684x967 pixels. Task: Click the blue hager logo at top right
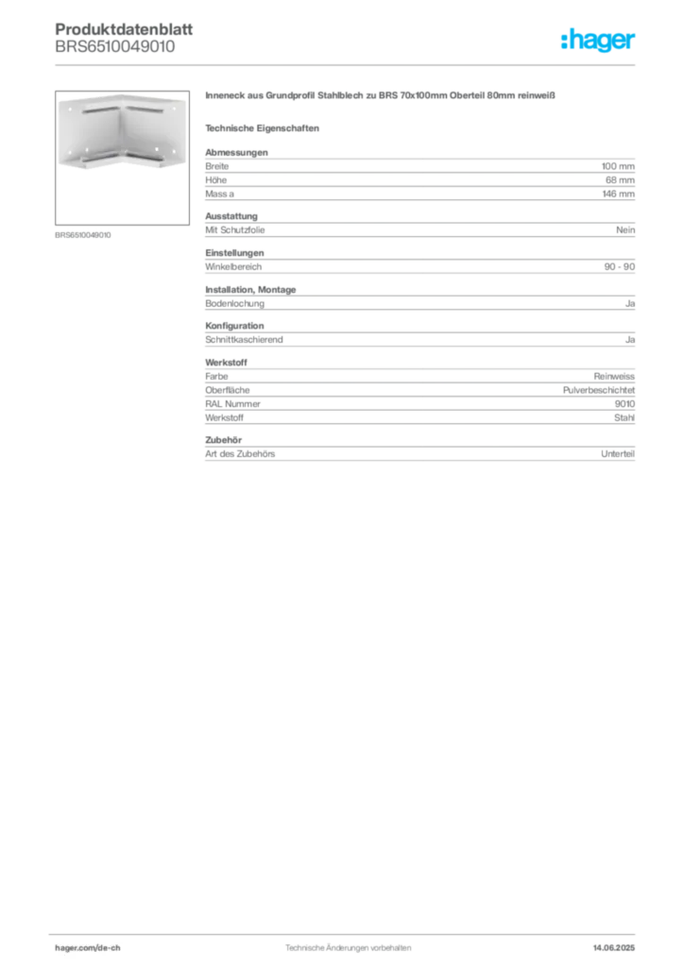pos(599,41)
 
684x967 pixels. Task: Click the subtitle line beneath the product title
pos(265,127)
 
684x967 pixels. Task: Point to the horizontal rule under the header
pos(348,64)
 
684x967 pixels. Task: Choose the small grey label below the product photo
pos(83,234)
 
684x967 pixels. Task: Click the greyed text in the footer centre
pos(348,942)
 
